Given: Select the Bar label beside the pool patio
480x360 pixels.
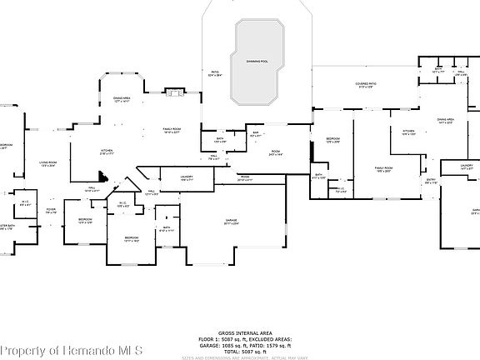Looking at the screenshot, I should (255, 134).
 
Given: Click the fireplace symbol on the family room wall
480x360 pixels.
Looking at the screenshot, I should (175, 92).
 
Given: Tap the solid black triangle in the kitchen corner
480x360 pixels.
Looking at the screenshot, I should (102, 177).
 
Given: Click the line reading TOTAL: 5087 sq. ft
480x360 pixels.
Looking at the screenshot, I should (240, 351).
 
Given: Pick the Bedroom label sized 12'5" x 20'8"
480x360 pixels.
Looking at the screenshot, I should (332, 139).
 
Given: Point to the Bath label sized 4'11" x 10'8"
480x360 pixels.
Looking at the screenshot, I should (318, 177).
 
